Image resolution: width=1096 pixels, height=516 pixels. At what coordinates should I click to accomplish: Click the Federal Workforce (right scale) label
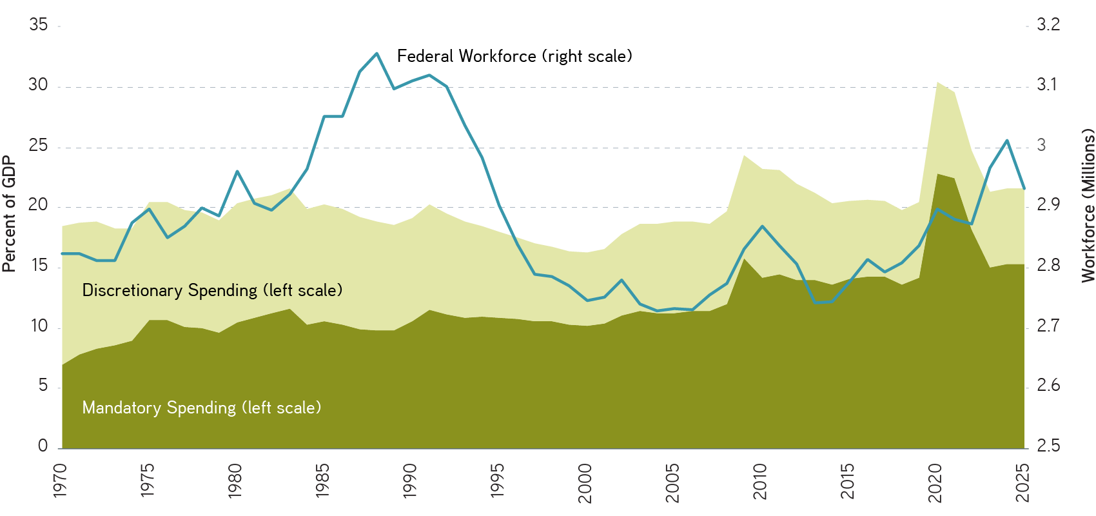514,56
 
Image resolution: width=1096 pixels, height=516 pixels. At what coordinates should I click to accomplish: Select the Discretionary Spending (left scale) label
212,290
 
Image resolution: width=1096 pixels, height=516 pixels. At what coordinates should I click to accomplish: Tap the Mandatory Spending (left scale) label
201,408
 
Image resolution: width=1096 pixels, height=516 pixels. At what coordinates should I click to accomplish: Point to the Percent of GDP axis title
8,213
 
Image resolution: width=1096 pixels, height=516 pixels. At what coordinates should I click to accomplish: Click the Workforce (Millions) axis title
1088,205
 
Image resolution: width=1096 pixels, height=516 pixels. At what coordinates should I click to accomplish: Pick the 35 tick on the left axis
39,25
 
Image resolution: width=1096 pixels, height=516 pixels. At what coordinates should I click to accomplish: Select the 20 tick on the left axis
39,205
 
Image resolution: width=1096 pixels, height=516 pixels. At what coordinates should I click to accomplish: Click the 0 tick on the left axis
43,446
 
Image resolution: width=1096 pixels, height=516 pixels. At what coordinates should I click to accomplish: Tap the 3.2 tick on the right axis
1048,25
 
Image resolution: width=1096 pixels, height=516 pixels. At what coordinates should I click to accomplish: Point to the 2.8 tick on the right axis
1048,266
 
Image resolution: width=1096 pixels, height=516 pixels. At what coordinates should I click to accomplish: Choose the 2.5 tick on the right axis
1048,446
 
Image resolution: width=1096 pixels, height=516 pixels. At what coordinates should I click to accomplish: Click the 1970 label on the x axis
60,481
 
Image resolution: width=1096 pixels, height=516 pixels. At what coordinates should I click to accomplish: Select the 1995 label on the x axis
498,481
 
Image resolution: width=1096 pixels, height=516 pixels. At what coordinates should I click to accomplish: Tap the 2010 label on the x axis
760,481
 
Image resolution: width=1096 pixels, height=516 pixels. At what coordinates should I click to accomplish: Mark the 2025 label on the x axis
1023,482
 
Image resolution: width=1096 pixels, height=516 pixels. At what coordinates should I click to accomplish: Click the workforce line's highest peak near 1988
377,53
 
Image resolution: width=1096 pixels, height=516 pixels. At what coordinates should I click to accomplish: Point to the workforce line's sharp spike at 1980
237,171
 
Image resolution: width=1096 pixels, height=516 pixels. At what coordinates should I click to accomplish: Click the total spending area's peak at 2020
937,82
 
